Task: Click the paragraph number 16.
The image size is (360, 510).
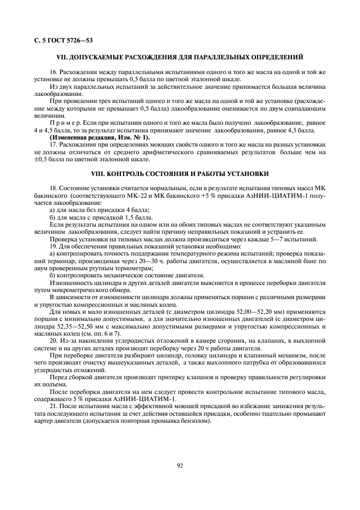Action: tap(53, 71)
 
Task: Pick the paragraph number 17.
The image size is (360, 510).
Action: tap(53, 145)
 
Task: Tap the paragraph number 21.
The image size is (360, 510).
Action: tap(53, 406)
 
